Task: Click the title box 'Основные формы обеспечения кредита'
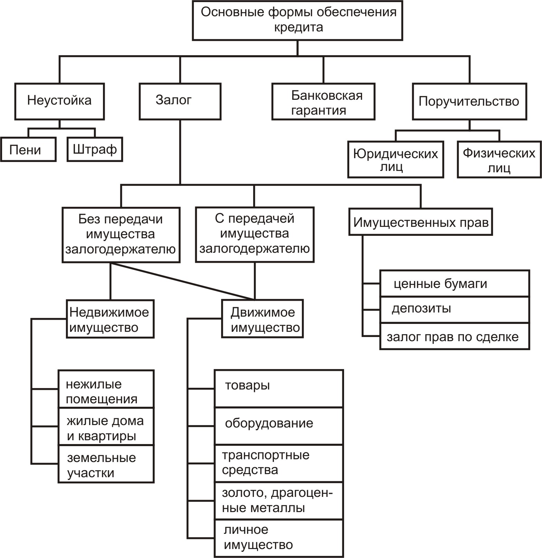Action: [297, 20]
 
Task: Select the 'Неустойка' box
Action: [59, 101]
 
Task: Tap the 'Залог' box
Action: [180, 101]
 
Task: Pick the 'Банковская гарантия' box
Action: [323, 101]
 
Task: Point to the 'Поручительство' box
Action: [469, 101]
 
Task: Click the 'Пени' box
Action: [28, 149]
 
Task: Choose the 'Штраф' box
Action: [95, 149]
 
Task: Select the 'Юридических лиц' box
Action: [396, 159]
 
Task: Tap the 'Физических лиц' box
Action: [499, 159]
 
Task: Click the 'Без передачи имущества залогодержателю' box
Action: [121, 235]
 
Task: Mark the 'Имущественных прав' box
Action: [420, 222]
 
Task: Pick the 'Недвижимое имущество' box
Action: [110, 318]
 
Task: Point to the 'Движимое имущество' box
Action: [263, 318]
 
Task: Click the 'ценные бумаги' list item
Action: [455, 283]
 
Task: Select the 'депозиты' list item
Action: [455, 309]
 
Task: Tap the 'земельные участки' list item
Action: [106, 464]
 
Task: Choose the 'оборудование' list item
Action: [279, 426]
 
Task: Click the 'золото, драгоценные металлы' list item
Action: [279, 500]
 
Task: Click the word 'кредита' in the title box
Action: [298, 27]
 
